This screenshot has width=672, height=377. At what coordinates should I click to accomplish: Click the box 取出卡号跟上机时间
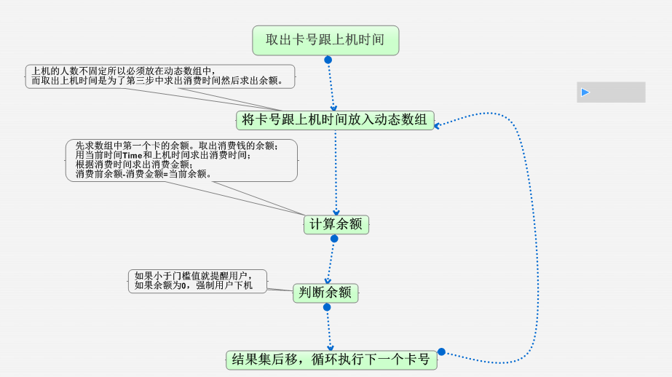point(325,40)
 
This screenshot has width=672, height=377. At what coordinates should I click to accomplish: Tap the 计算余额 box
point(336,225)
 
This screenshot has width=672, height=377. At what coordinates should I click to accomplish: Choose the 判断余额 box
point(325,293)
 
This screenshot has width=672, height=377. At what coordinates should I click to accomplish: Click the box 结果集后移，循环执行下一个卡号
point(331,360)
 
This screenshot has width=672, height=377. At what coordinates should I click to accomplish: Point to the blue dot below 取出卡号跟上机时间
point(328,60)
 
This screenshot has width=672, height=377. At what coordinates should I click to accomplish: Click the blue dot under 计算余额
point(334,239)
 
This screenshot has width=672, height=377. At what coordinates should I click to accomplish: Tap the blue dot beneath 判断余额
point(326,307)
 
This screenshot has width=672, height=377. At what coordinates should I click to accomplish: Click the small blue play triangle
point(585,92)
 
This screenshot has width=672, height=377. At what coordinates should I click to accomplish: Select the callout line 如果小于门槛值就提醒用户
point(192,276)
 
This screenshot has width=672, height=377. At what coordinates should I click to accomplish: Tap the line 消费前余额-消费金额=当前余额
point(143,174)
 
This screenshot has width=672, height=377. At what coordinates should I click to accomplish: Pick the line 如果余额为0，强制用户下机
point(194,285)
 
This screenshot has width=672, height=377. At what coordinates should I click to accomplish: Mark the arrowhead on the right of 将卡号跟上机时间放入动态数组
point(438,125)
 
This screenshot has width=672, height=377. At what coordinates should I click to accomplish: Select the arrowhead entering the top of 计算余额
point(336,213)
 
